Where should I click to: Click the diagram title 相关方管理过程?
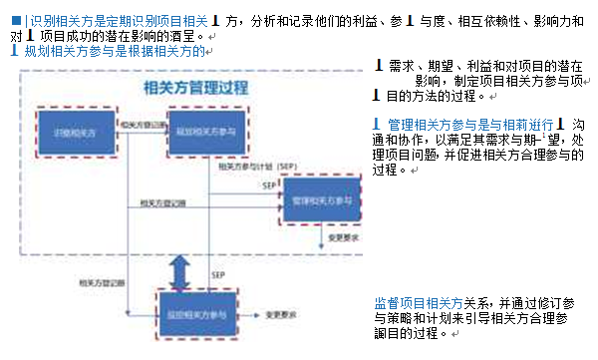(196, 88)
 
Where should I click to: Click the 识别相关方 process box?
(70, 132)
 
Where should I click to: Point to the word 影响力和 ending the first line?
(547, 17)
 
